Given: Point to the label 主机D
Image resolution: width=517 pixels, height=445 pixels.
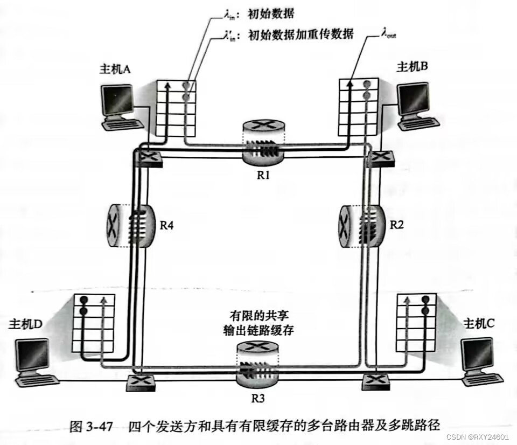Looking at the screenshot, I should (x=25, y=325).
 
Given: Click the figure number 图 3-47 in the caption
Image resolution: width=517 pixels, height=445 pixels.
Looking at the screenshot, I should (x=91, y=426).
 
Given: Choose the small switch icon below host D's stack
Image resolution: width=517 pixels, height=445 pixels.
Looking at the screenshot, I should (x=142, y=383).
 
